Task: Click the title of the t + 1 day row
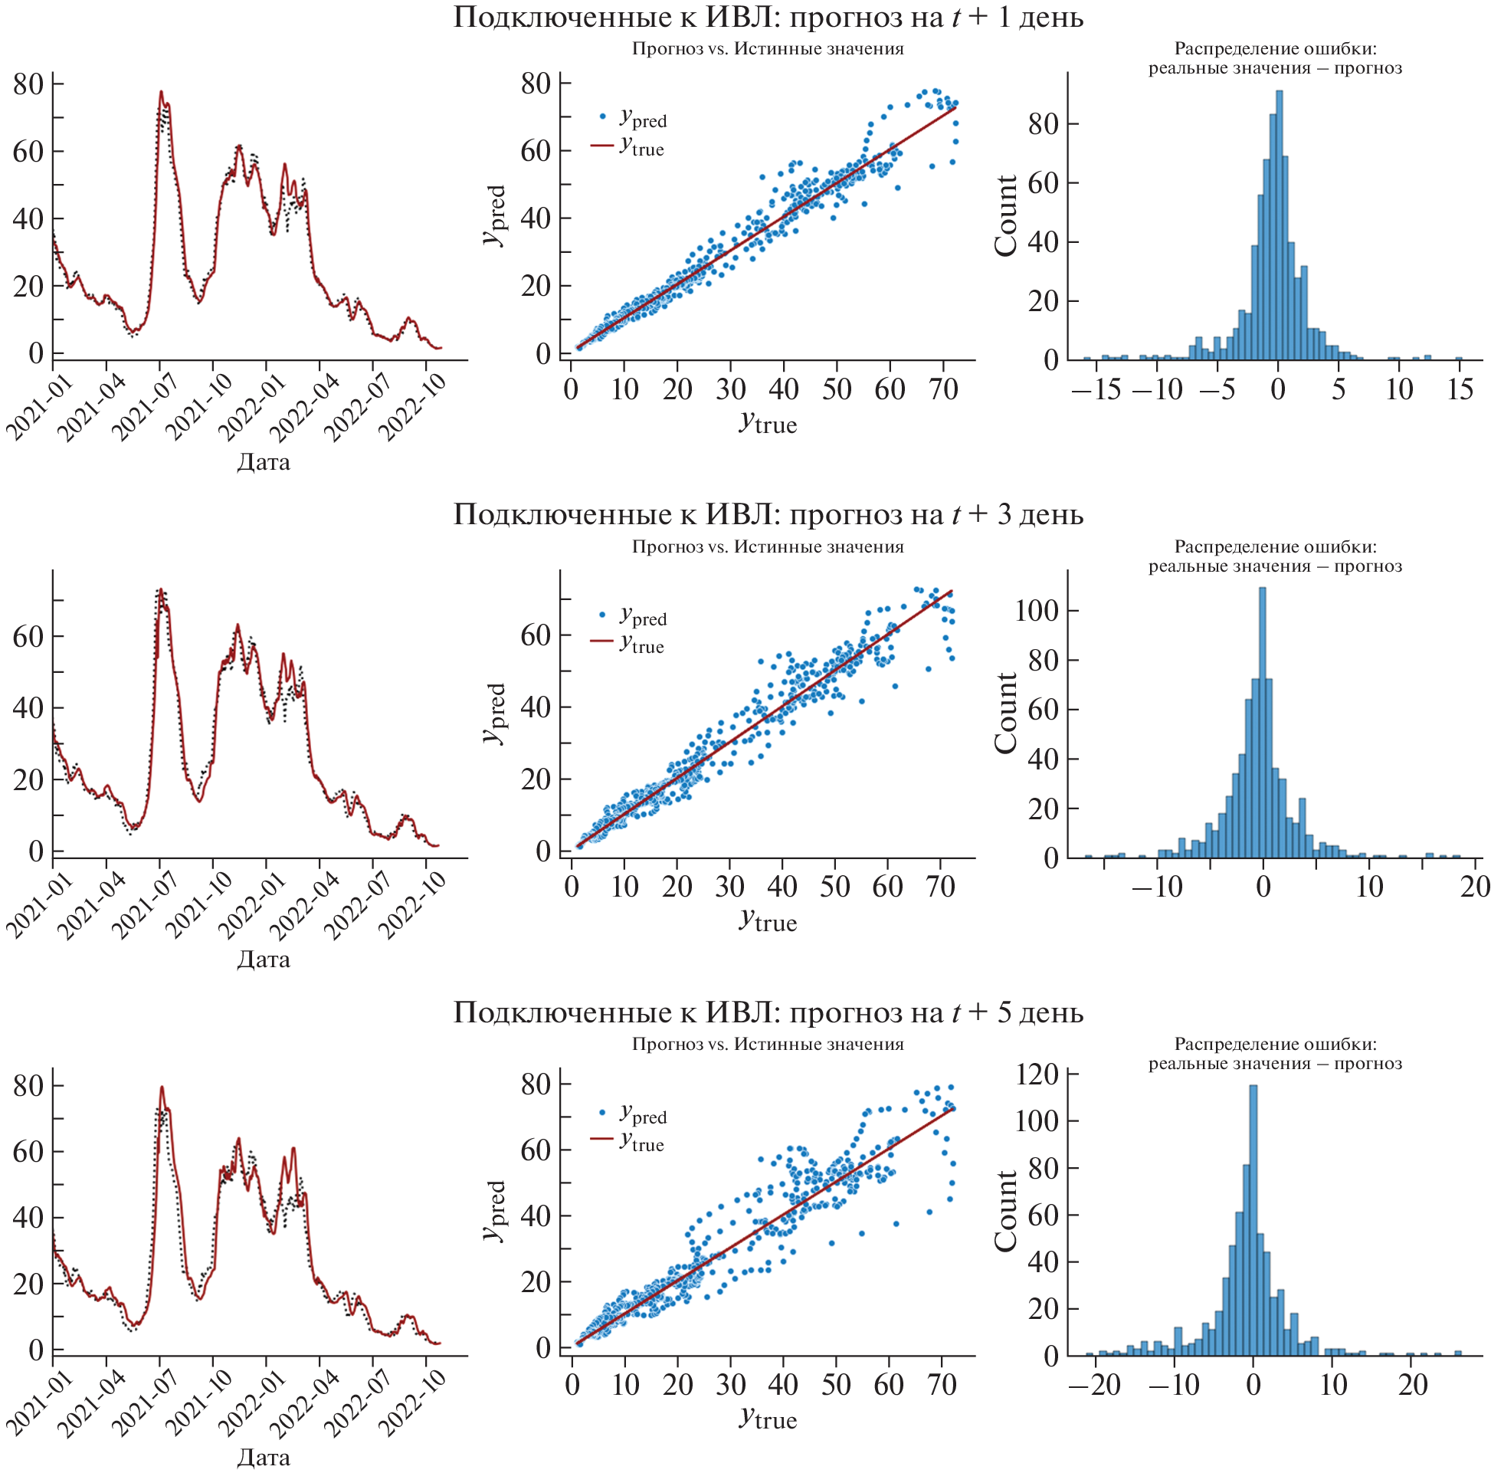click(768, 17)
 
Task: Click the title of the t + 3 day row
click(768, 514)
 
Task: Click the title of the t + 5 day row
click(768, 1012)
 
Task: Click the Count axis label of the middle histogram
click(1005, 713)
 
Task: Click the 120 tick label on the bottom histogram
click(1036, 1074)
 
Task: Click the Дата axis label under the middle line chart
click(263, 960)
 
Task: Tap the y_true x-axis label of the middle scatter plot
click(768, 921)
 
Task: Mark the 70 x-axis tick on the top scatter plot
click(943, 390)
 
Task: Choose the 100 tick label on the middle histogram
click(1036, 611)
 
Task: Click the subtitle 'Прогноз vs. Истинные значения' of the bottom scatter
click(768, 1045)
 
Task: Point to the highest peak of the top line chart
click(162, 92)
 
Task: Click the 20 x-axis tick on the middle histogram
click(1474, 887)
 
